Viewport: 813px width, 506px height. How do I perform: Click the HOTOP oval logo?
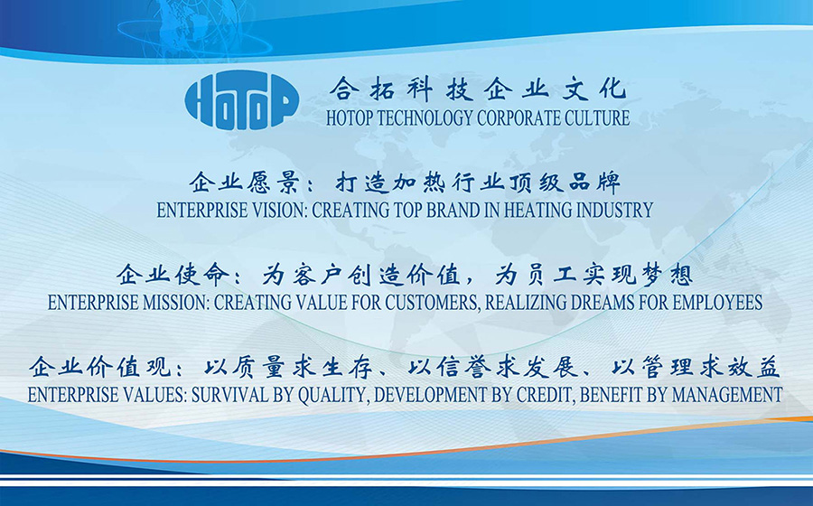click(241, 99)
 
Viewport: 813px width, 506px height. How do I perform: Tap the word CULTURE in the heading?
click(597, 118)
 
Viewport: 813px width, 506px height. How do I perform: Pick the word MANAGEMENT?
click(727, 395)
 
